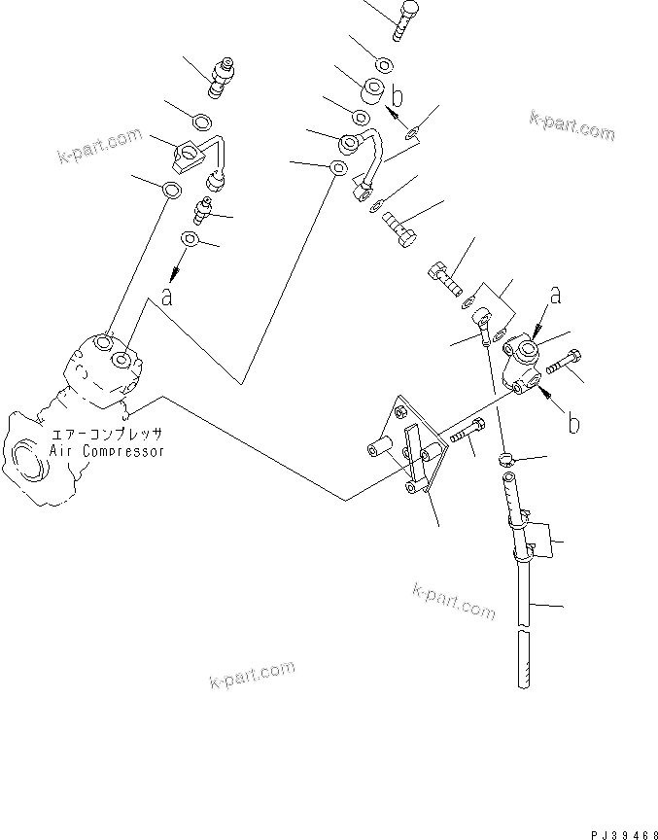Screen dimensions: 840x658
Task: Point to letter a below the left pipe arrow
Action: point(167,297)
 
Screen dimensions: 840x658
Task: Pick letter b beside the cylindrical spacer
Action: point(398,95)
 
